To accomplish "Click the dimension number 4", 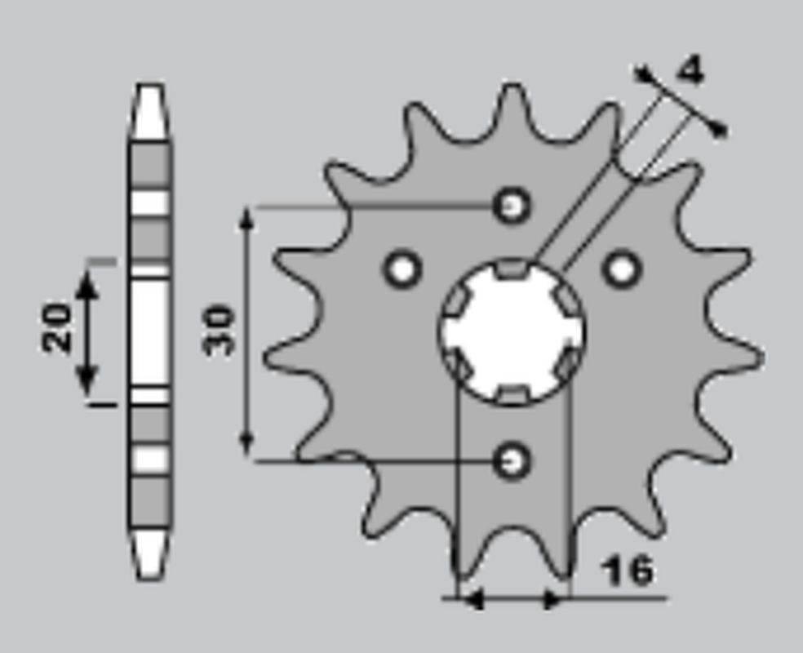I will pos(690,72).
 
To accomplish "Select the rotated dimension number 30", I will pos(220,331).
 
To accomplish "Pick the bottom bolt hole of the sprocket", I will pos(512,460).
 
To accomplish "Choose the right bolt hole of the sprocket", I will pos(622,269).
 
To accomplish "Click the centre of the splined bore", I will pos(512,331).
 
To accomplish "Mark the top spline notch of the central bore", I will pos(512,267).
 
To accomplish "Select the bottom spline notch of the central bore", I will pos(512,395).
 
